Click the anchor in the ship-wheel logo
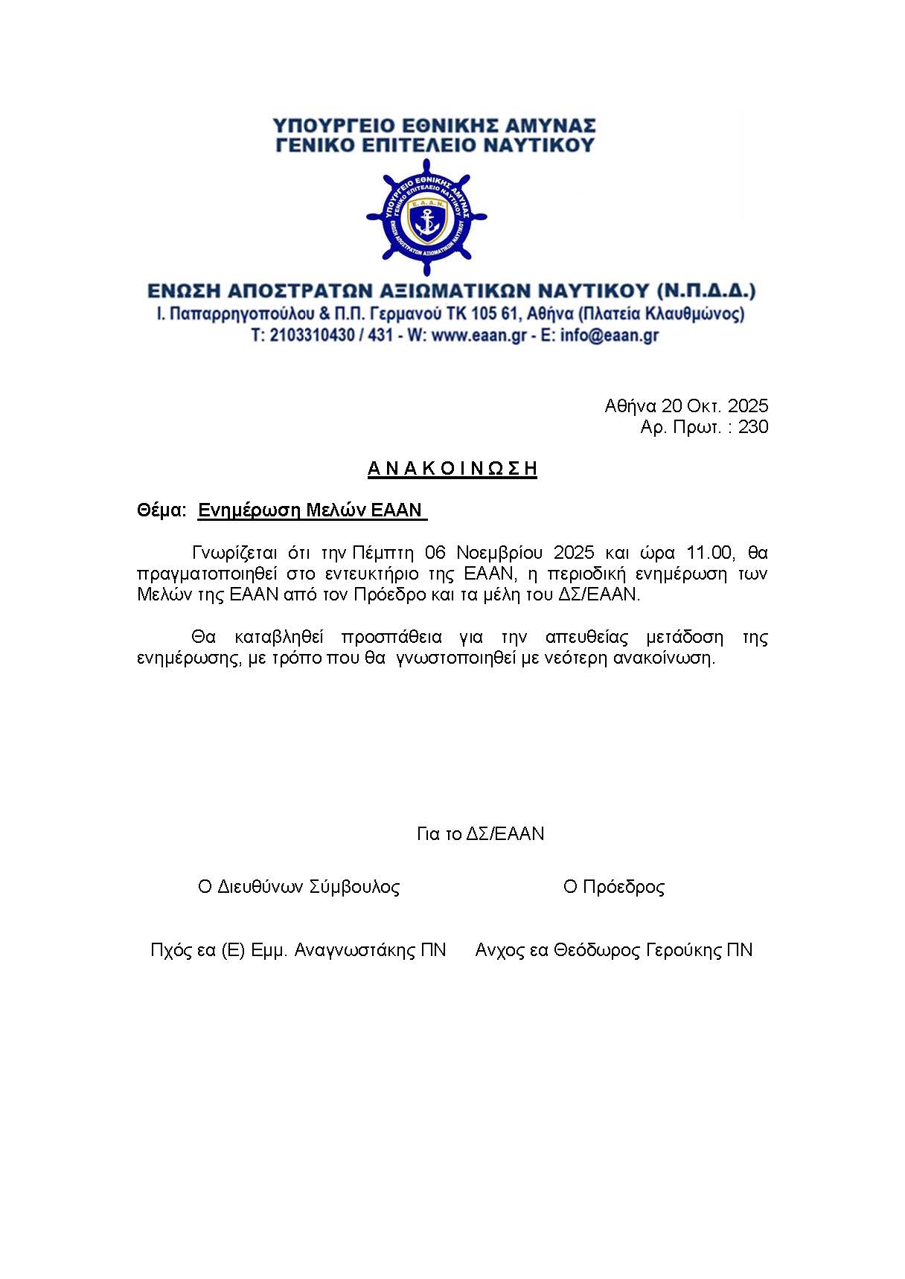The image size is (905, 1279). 426,221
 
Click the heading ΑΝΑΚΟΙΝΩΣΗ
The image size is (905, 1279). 452,469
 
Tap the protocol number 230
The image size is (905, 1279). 753,427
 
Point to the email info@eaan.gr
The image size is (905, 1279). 610,336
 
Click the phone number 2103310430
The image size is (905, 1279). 312,336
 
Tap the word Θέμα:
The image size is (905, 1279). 161,510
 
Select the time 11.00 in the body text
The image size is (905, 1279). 711,553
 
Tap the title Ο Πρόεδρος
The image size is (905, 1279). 614,887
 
